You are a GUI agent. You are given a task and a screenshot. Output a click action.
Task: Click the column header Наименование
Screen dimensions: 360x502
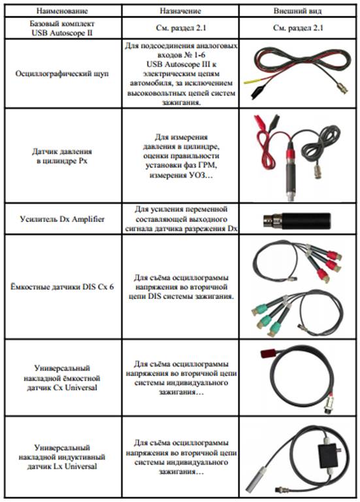[62, 11]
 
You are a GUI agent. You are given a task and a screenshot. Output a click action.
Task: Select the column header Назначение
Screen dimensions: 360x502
[180, 11]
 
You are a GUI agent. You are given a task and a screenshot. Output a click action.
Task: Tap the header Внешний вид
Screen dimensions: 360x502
[297, 11]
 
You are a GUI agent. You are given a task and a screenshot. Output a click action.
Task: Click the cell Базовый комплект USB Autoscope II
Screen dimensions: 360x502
[62, 28]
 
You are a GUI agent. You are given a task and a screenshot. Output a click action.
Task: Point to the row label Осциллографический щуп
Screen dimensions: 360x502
[62, 74]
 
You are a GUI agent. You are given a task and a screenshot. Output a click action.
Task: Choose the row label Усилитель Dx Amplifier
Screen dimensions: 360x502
[62, 219]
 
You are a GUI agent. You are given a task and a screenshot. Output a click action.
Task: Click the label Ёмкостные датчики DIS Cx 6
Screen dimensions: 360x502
[62, 287]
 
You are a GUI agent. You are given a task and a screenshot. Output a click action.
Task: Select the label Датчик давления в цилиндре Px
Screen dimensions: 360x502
[62, 156]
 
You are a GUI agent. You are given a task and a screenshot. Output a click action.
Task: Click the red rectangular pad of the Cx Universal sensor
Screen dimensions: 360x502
[267, 354]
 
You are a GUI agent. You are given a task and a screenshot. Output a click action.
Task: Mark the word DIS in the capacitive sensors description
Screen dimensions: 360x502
[155, 296]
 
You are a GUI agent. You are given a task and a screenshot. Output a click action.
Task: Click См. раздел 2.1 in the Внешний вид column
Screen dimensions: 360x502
[298, 28]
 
